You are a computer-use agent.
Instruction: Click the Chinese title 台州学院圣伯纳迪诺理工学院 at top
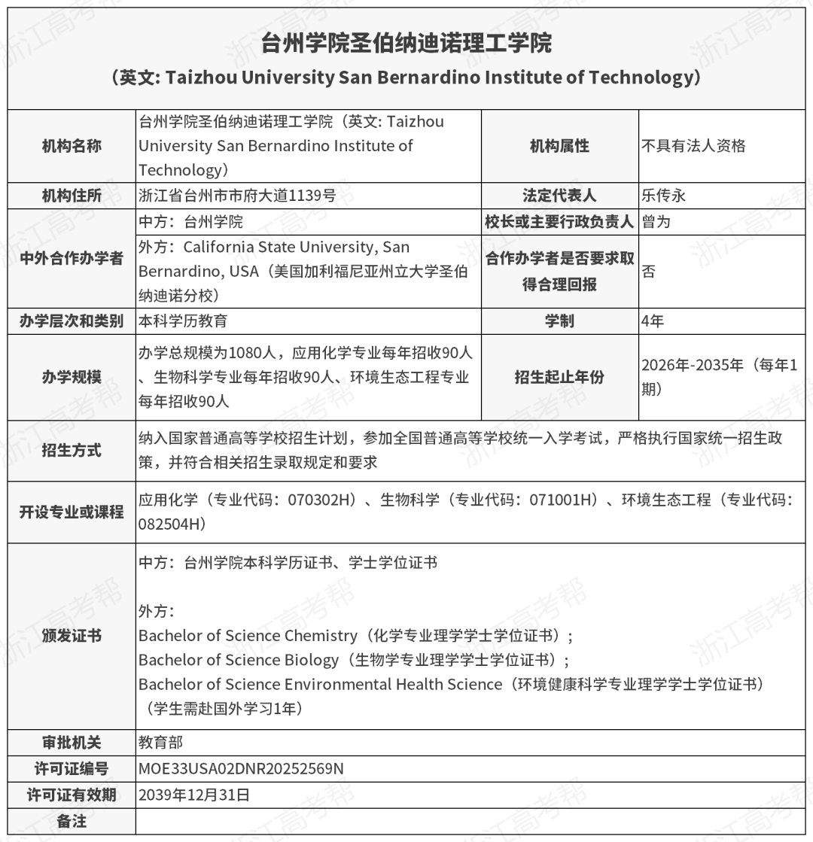[x=406, y=44]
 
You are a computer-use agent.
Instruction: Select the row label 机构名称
[x=72, y=146]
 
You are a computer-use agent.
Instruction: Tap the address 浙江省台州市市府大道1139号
[x=237, y=196]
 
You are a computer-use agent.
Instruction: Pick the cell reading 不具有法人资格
[x=693, y=146]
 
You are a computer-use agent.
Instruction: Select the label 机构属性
[x=559, y=146]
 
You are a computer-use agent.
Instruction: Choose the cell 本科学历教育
[x=183, y=321]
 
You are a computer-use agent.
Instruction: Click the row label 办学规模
[x=72, y=377]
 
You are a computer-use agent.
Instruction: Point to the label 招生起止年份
[x=559, y=377]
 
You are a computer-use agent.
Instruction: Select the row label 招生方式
[x=72, y=451]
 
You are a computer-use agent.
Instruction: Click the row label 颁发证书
[x=72, y=636]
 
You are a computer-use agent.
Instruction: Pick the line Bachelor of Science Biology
[x=239, y=660]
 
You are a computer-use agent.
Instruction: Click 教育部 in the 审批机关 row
[x=160, y=743]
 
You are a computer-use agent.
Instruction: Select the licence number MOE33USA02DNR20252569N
[x=241, y=769]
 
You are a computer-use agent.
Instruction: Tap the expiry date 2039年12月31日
[x=193, y=795]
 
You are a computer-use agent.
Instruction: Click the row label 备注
[x=72, y=821]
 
